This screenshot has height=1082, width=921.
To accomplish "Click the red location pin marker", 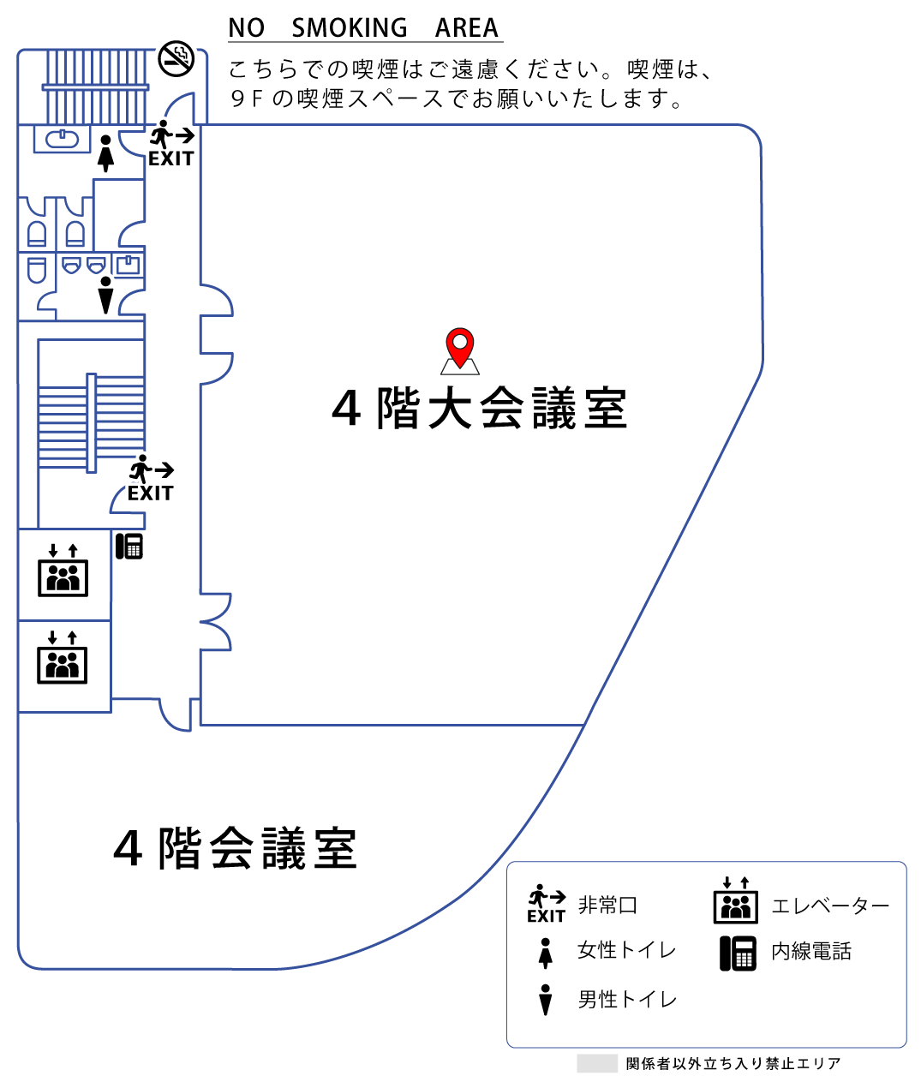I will pos(460,347).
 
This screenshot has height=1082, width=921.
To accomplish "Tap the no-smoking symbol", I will pos(176,58).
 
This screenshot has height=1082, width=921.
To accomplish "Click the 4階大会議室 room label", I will pos(480,409).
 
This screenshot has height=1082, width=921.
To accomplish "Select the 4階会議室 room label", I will pos(236,849).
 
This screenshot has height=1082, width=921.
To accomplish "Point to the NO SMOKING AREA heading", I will pos(363,28).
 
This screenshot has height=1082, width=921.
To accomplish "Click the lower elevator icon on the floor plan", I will pos(63,657).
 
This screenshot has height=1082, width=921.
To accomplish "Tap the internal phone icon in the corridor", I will pos(129,547).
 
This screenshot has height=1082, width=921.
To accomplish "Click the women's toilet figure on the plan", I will pos(105,153).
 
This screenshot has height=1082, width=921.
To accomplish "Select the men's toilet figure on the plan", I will pos(105,295).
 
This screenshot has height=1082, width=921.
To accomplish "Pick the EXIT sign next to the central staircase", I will pos(151,480).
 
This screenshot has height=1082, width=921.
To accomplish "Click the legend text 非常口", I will pos(607,906).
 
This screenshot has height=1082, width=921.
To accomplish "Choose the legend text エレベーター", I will pos(830,906).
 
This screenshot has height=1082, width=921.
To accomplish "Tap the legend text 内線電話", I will pos(811,952).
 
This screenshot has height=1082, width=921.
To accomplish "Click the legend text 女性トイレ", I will pos(627,950).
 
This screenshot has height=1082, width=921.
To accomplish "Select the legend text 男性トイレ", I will pos(627,1000).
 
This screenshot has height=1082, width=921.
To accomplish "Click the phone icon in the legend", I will pos(738,953).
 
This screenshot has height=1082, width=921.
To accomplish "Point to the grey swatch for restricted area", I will pos(597,1063).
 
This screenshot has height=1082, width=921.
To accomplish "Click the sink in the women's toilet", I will pos(62,138).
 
